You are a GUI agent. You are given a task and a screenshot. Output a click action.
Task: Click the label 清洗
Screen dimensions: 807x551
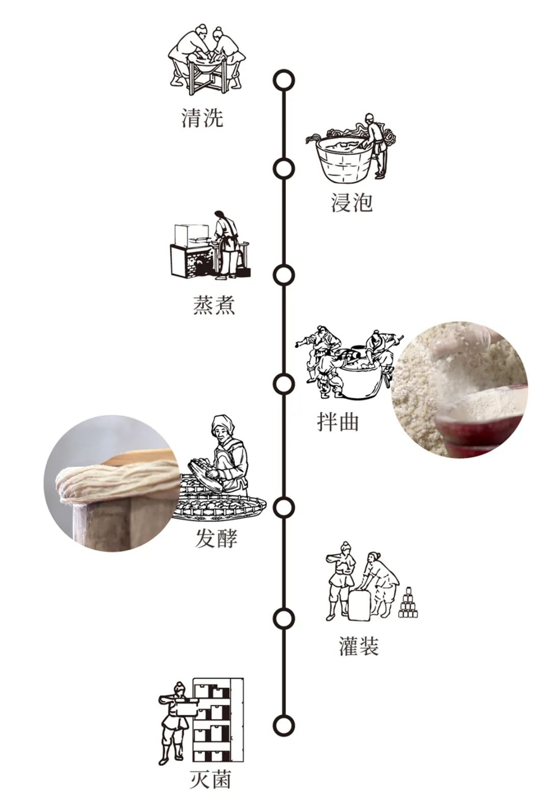[203, 118]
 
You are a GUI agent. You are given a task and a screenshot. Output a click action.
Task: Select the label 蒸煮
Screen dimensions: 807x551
[214, 305]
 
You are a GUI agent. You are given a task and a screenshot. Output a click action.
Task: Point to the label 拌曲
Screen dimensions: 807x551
[338, 422]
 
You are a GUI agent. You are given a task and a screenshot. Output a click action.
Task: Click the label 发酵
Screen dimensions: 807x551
[216, 538]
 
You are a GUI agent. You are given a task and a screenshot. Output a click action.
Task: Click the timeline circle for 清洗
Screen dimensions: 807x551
[284, 80]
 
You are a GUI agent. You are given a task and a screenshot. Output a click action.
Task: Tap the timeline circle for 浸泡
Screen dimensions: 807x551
[284, 169]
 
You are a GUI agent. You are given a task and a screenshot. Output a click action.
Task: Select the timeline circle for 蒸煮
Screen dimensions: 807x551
[284, 275]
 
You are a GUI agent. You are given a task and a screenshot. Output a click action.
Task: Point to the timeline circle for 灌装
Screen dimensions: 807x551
[284, 619]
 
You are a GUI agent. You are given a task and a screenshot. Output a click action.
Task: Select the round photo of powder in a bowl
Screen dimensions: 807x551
[459, 389]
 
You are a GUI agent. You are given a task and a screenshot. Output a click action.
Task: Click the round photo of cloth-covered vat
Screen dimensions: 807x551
[111, 483]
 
